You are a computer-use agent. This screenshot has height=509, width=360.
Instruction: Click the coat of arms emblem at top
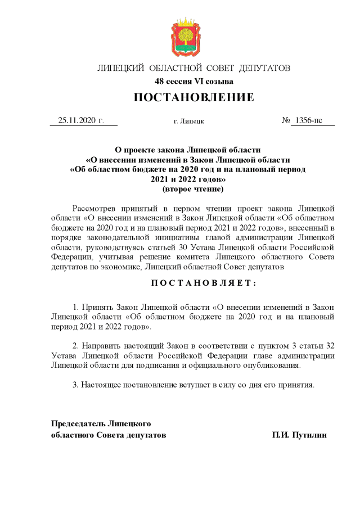186,37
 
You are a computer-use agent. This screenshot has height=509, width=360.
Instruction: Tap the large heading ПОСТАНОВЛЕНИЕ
193,98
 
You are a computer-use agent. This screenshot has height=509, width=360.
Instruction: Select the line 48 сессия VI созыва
193,82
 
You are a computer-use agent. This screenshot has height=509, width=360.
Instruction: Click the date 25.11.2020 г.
82,120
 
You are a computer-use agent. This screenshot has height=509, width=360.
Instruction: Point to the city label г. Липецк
189,121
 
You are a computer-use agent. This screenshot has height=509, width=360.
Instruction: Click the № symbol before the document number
286,120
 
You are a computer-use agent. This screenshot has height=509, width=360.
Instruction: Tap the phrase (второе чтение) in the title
193,190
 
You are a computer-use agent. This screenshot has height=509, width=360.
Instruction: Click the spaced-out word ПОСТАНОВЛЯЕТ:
193,283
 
